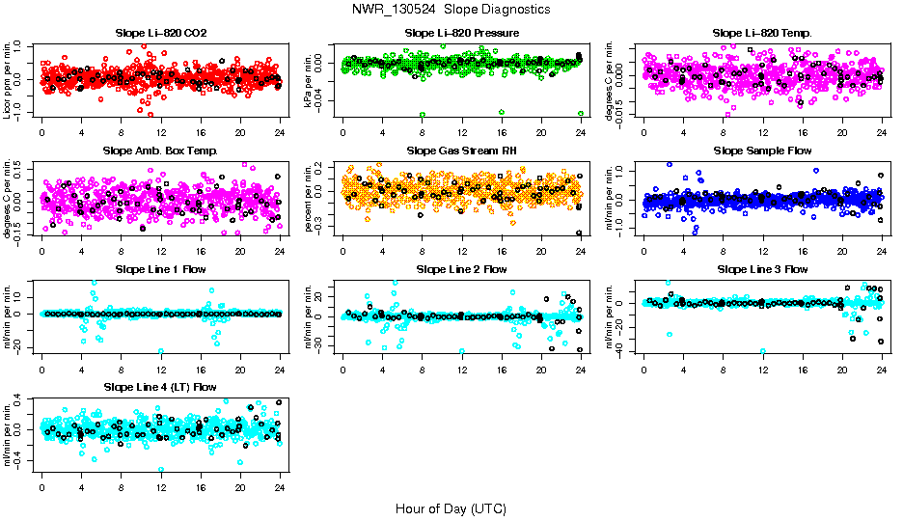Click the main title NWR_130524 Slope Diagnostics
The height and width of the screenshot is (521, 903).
pyautogui.click(x=451, y=9)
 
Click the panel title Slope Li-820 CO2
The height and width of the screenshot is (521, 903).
pyautogui.click(x=161, y=33)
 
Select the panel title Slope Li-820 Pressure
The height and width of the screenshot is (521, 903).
pyautogui.click(x=462, y=33)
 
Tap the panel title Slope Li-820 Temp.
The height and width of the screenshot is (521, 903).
pyautogui.click(x=762, y=33)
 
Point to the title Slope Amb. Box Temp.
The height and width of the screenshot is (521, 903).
pyautogui.click(x=161, y=151)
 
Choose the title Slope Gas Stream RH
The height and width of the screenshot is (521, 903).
pyautogui.click(x=462, y=151)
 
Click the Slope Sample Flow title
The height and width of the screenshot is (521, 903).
pyautogui.click(x=762, y=151)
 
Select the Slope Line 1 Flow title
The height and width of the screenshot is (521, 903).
pyautogui.click(x=161, y=269)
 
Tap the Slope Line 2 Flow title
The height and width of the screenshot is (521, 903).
pyautogui.click(x=462, y=269)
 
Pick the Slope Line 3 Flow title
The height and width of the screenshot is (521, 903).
pyautogui.click(x=762, y=269)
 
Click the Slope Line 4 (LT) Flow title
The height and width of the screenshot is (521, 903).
pyautogui.click(x=161, y=387)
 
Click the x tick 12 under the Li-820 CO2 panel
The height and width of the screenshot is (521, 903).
pyautogui.click(x=161, y=133)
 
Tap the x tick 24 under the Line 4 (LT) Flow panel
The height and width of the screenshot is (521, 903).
pyautogui.click(x=280, y=487)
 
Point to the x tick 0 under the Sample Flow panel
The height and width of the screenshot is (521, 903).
pyautogui.click(x=643, y=251)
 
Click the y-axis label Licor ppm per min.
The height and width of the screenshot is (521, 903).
pyautogui.click(x=9, y=81)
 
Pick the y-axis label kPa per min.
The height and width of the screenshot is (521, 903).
pyautogui.click(x=310, y=81)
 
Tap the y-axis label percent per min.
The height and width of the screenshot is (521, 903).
pyautogui.click(x=310, y=199)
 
